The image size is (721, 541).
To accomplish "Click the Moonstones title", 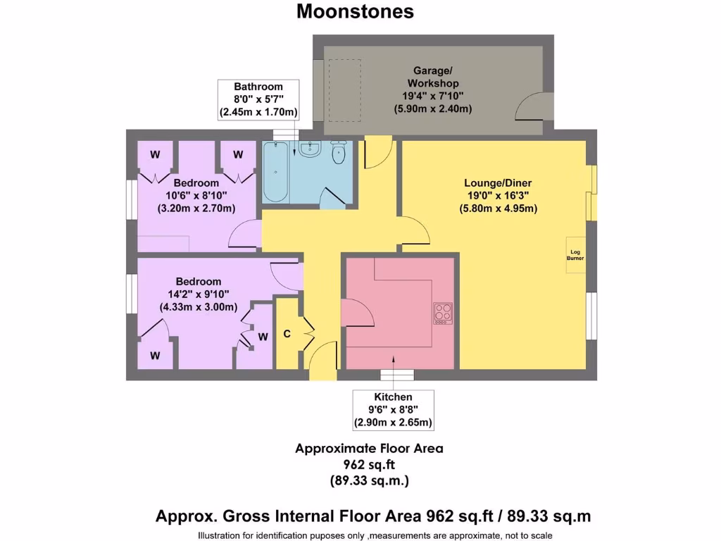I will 355,12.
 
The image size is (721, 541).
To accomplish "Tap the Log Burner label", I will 575,255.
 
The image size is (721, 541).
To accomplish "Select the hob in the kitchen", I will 443,312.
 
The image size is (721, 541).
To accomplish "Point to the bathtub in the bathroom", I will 275,173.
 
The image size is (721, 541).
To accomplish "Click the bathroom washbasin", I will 310,149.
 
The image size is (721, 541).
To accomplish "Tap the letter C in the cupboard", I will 287,334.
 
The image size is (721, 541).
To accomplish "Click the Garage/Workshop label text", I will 432,77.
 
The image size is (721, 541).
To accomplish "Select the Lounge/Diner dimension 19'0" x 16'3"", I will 493,197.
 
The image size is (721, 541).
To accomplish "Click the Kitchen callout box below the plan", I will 393,410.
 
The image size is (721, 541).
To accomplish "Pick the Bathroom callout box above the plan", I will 258,99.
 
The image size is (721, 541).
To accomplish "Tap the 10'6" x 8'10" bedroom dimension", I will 196,195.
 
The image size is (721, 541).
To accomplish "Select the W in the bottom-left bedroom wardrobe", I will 155,356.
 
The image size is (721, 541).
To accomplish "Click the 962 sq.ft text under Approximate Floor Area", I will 369,465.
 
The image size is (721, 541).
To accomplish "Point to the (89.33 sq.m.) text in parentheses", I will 369,481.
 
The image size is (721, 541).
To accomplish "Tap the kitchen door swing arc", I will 354,312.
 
